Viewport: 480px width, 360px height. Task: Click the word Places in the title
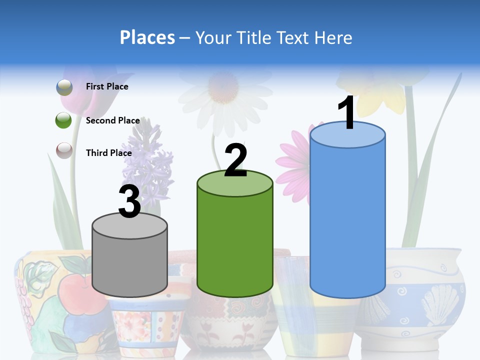point(147,37)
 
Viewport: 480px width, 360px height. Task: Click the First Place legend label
point(107,86)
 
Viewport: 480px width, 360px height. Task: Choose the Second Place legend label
point(112,120)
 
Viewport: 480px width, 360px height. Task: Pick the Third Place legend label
point(108,153)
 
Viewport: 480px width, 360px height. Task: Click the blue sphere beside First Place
point(64,87)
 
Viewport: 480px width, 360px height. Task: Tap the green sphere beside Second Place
point(64,120)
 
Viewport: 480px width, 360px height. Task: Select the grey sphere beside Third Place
point(64,150)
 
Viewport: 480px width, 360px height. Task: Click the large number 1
point(347,113)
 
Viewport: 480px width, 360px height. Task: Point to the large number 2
point(235,160)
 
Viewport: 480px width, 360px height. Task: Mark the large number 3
point(129,201)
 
